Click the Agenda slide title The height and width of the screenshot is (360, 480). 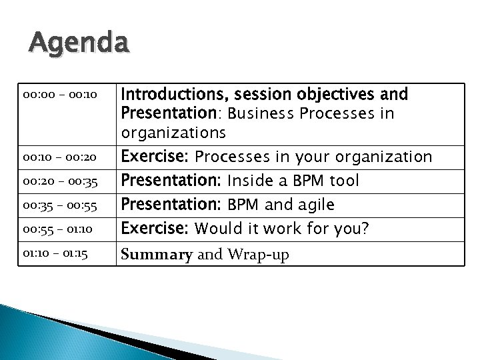point(79,45)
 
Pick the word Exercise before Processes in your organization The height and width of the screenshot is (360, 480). point(153,157)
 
